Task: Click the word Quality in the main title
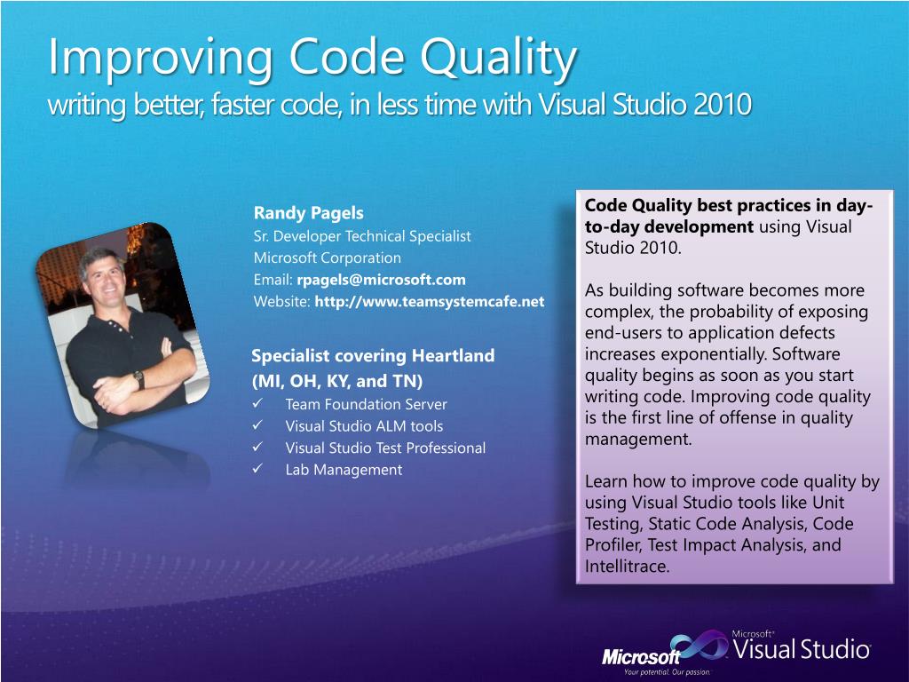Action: pyautogui.click(x=498, y=59)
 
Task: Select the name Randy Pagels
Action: pyautogui.click(x=308, y=213)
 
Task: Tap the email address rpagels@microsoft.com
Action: pyautogui.click(x=381, y=280)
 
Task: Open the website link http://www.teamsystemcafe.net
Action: pyautogui.click(x=430, y=302)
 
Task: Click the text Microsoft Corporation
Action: pyautogui.click(x=327, y=258)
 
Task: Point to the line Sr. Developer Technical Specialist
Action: pyautogui.click(x=362, y=236)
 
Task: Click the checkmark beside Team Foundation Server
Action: pyautogui.click(x=258, y=403)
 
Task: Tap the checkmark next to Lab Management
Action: pyautogui.click(x=258, y=468)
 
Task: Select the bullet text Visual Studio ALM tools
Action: pyautogui.click(x=364, y=426)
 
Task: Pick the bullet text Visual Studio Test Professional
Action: pyautogui.click(x=385, y=448)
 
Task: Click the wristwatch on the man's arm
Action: pyautogui.click(x=139, y=379)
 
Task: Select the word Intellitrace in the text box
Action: pyautogui.click(x=626, y=566)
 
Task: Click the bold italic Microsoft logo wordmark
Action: pyautogui.click(x=641, y=656)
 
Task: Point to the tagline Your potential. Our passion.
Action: pyautogui.click(x=667, y=672)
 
